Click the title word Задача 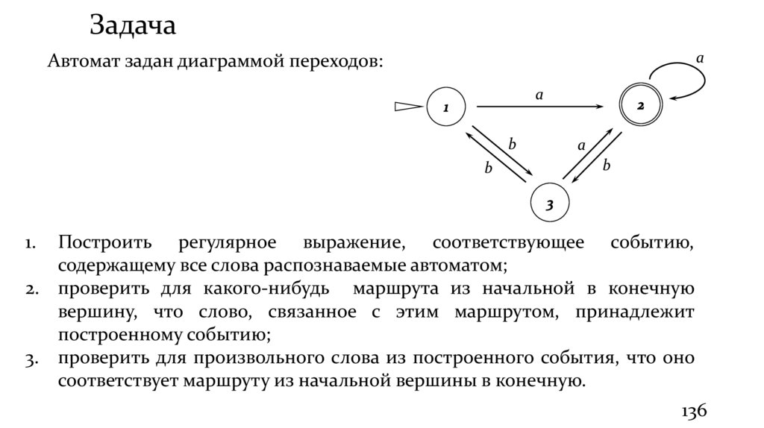pos(133,26)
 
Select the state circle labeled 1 pos(446,108)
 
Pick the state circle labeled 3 pos(549,203)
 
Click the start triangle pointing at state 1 pos(408,108)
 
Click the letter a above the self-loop pos(699,57)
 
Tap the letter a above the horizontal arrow pos(539,94)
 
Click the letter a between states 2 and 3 pos(581,146)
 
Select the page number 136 pos(693,412)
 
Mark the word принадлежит pos(643,312)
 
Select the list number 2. pos(31,290)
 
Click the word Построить pos(107,245)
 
